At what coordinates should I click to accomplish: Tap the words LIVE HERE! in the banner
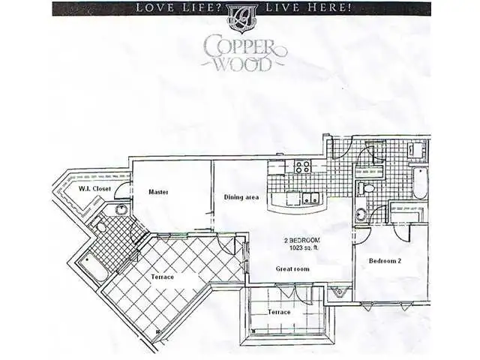pos(308,7)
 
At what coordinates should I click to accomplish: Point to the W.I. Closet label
pos(94,189)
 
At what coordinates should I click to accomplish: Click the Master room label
pos(158,192)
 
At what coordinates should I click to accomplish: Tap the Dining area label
pos(241,197)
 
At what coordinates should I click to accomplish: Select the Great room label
pos(292,269)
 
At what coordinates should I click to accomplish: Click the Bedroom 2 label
pos(385,261)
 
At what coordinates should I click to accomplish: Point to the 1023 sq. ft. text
pos(304,248)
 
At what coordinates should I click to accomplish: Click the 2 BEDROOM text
pos(302,240)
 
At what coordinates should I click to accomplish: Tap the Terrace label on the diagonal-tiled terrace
pos(162,277)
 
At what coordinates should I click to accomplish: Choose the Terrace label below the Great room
pos(279,312)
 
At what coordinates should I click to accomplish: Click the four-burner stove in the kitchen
pos(303,166)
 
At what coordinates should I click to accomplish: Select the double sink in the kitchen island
pos(311,198)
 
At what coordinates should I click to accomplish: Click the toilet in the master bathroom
pos(100,227)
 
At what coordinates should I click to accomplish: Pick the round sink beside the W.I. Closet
pos(121,210)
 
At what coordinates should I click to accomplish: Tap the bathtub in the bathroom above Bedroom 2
pos(420,183)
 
